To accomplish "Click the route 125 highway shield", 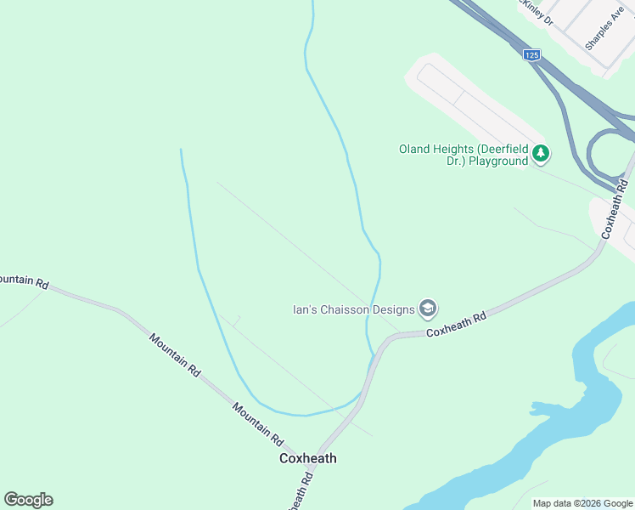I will (x=531, y=55).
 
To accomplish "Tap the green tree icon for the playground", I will (x=540, y=154).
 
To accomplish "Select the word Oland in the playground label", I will (x=415, y=150).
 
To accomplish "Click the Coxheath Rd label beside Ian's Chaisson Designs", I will (x=456, y=324).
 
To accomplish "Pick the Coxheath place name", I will (x=308, y=458).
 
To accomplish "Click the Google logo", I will (x=29, y=500).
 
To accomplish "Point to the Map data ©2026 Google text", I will (x=583, y=503).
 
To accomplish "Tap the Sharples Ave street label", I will (x=604, y=30).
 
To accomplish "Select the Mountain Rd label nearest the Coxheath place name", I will (x=257, y=425).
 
